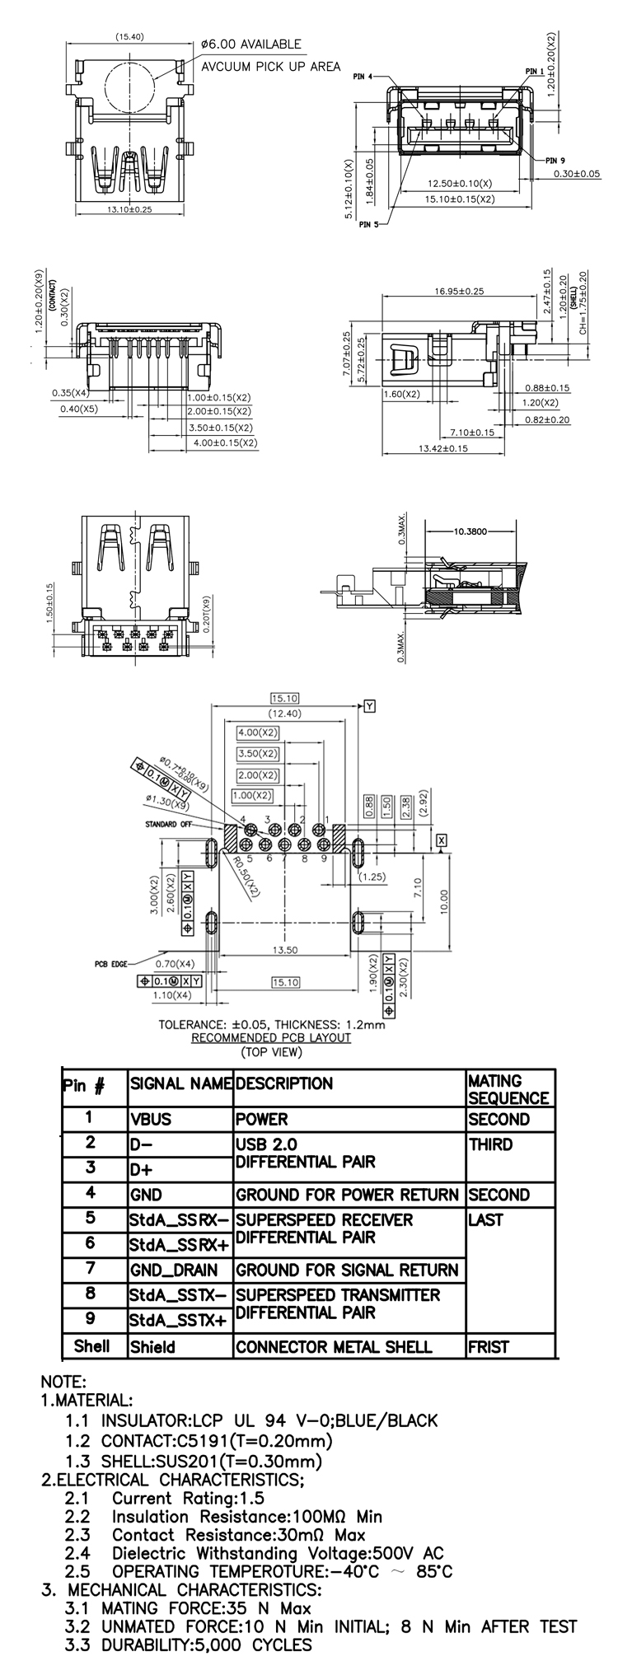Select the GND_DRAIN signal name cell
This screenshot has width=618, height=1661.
pos(174,1270)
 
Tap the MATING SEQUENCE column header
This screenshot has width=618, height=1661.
pos(508,1089)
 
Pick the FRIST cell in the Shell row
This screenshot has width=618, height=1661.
pos(489,1347)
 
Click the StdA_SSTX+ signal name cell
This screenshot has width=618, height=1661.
pos(177,1321)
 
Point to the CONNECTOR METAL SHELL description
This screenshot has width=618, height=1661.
pos(334,1347)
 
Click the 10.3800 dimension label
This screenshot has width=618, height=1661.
pos(471,531)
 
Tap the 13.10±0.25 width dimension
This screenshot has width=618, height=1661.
pos(130,209)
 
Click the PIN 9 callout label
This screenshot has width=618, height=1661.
pos(555,160)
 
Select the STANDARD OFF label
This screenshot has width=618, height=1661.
pos(169,824)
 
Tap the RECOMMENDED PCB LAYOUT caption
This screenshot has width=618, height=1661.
pos(271,1037)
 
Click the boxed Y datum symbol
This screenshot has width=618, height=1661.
pos(370,706)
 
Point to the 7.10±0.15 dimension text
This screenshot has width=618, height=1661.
pos(472,433)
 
